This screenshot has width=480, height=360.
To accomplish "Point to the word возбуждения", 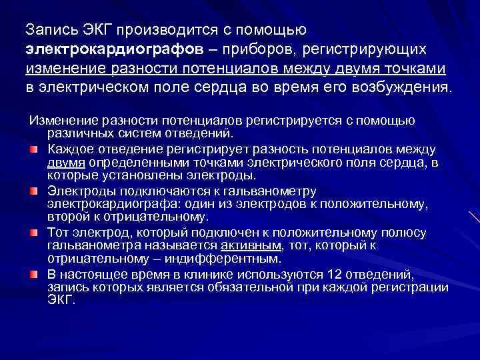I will (404, 88).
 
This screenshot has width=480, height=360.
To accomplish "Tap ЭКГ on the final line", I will (61, 299).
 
